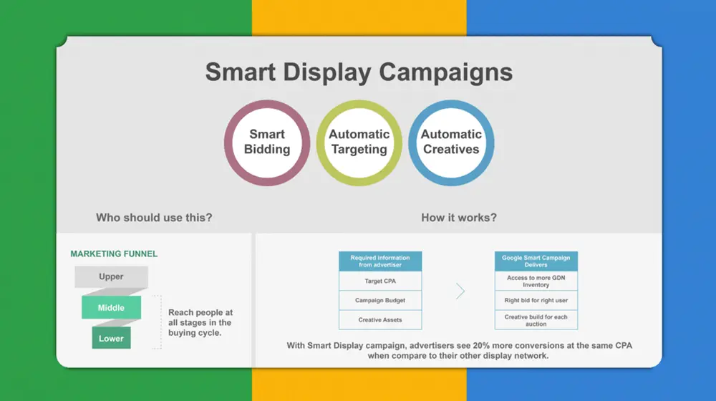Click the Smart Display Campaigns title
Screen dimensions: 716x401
click(x=359, y=72)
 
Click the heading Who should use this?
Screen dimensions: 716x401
click(x=154, y=218)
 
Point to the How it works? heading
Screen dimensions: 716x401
click(x=459, y=218)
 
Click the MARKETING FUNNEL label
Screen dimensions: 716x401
click(x=114, y=254)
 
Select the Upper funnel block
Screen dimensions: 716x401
click(x=112, y=277)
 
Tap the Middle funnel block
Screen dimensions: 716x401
click(x=112, y=307)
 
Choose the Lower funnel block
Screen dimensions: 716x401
click(x=112, y=338)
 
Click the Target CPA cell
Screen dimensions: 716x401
click(x=380, y=281)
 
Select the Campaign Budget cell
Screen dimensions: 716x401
click(x=380, y=300)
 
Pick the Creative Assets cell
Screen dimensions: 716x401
click(x=380, y=319)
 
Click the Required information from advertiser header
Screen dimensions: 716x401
click(x=380, y=261)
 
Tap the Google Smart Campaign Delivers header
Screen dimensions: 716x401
click(x=536, y=261)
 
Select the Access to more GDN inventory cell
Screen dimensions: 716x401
click(x=536, y=281)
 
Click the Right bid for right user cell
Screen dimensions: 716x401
click(x=536, y=300)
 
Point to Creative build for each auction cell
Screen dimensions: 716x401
click(x=536, y=319)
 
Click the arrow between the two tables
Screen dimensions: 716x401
click(x=460, y=291)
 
